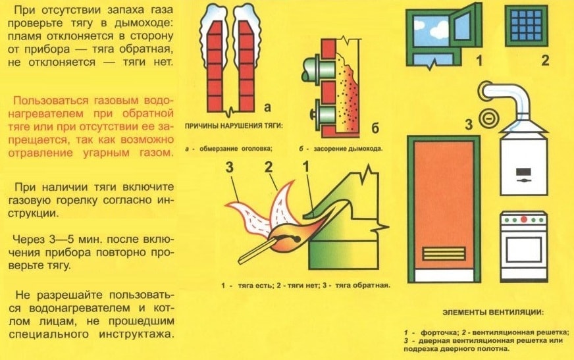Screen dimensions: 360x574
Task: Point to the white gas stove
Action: [523, 246]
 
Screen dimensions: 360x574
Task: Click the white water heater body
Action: [523, 161]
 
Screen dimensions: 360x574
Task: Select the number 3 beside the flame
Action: [230, 167]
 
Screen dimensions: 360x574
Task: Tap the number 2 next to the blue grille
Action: [544, 63]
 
